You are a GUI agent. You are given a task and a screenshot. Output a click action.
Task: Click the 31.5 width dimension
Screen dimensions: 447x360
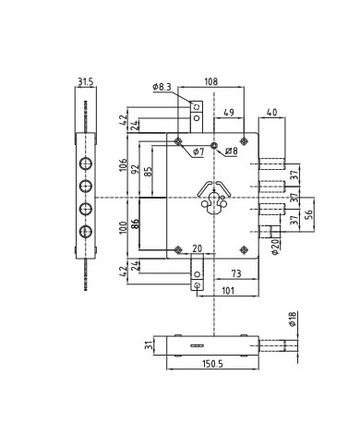tap(86, 82)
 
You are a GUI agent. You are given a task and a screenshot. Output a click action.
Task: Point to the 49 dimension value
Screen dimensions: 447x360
tap(228, 114)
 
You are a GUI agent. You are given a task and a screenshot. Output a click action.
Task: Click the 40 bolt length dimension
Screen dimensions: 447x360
tap(271, 114)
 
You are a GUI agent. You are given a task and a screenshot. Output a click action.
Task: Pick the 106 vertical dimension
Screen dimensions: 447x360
tap(124, 166)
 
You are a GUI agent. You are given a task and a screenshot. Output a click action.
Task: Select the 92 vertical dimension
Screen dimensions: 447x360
tap(137, 170)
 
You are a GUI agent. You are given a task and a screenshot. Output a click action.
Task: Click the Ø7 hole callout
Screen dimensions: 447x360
tap(198, 151)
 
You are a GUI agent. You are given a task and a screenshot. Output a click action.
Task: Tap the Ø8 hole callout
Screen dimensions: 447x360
tap(231, 151)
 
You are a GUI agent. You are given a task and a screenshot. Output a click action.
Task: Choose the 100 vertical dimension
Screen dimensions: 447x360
tap(124, 227)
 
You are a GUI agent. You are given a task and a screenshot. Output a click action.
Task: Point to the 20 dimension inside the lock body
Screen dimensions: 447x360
tap(197, 248)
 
